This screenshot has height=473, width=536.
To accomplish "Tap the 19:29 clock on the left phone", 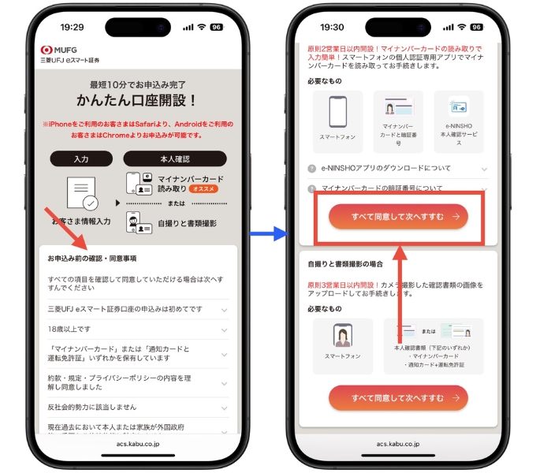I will tap(72, 27).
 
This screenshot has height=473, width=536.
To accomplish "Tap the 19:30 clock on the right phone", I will tap(333, 27).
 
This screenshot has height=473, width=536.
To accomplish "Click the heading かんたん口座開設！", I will tap(136, 100).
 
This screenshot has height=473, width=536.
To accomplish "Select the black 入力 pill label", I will tap(81, 158).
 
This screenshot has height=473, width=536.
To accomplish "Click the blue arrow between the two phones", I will tap(269, 233).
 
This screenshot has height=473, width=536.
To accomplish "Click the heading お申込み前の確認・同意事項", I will tap(91, 259).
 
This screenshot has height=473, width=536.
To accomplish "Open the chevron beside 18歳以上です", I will tap(224, 329).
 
